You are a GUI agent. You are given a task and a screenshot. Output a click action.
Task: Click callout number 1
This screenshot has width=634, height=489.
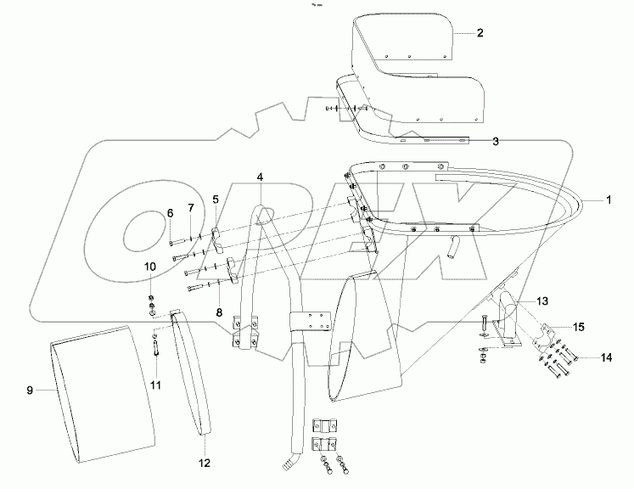609,200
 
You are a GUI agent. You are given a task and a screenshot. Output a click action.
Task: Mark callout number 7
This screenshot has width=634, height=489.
190,208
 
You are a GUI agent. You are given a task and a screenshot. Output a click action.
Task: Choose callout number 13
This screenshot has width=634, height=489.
542,301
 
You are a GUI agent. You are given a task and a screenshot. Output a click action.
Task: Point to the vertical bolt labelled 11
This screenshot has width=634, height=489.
157,347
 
